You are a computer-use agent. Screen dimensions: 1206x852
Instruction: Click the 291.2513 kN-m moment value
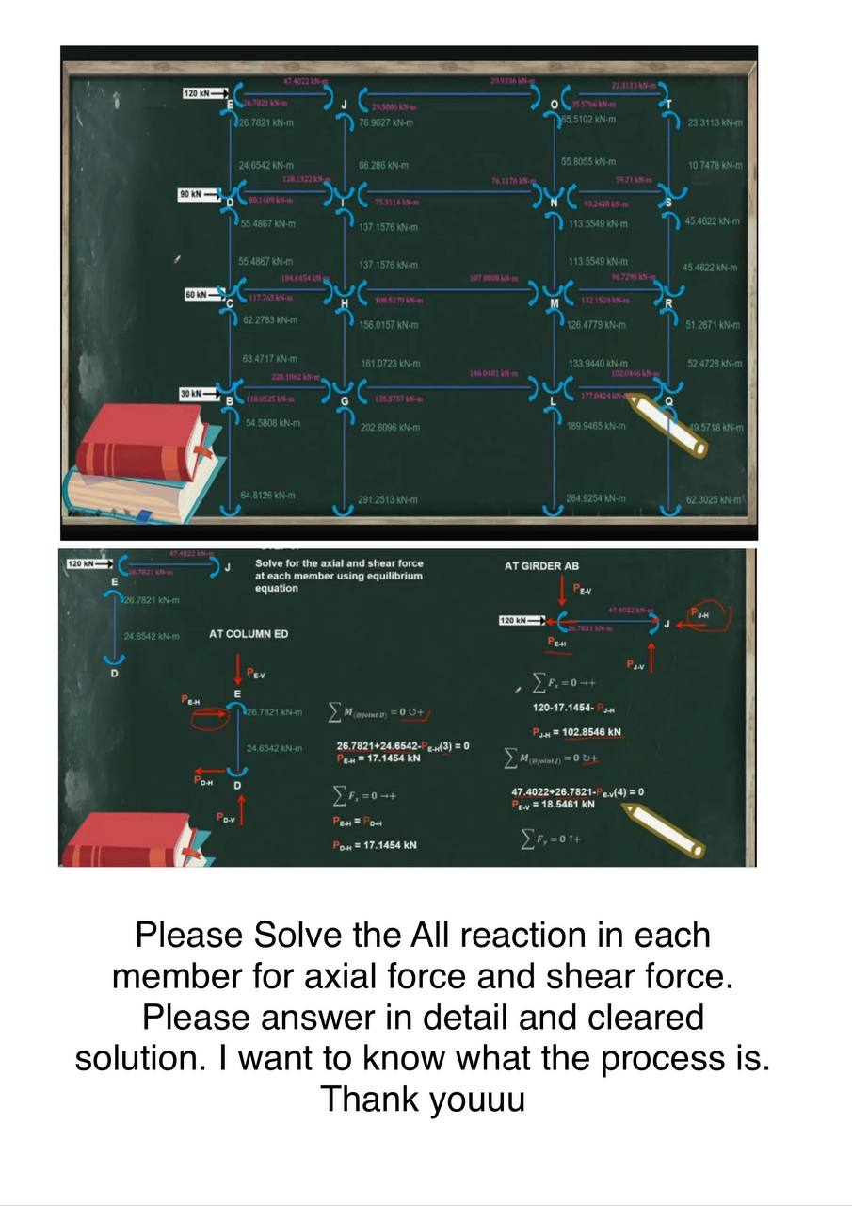[x=388, y=499]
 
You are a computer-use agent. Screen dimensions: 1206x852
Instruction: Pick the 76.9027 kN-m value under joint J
[x=384, y=122]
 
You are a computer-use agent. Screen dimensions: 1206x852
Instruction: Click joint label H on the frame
[x=345, y=303]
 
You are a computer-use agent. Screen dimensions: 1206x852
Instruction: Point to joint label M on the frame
[x=555, y=303]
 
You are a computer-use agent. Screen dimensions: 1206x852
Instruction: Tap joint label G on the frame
[x=345, y=402]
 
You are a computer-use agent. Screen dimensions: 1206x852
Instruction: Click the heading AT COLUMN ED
[x=249, y=634]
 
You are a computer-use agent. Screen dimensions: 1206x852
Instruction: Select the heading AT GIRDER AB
[x=542, y=566]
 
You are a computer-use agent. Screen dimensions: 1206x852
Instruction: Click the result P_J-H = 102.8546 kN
[x=576, y=732]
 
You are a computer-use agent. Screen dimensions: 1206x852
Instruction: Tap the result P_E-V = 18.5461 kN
[x=554, y=805]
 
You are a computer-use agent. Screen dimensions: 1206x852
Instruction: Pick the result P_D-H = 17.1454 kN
[x=375, y=845]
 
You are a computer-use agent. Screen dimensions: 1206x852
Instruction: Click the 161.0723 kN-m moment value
[x=389, y=363]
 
